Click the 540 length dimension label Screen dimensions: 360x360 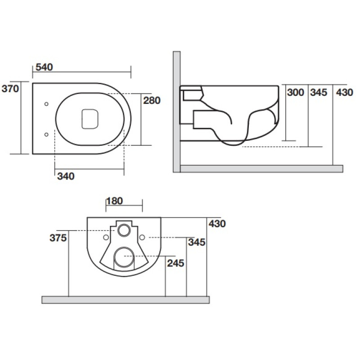[44, 67]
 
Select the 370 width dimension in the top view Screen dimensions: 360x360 [10, 89]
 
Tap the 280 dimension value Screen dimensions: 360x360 [152, 100]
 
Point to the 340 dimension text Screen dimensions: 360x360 [66, 176]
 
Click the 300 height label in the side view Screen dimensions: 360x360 [295, 93]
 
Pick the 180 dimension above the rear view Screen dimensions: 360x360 [114, 201]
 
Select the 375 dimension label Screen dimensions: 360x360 [58, 238]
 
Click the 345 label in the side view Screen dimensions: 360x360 [318, 93]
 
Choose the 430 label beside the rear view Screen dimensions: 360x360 [216, 223]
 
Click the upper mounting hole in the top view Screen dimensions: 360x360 [47, 104]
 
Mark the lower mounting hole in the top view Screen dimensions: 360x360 [47, 134]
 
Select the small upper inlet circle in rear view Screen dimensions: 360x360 [123, 230]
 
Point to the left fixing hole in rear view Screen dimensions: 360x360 [105, 237]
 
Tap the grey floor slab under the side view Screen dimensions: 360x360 [261, 169]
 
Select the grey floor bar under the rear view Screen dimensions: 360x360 [126, 300]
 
